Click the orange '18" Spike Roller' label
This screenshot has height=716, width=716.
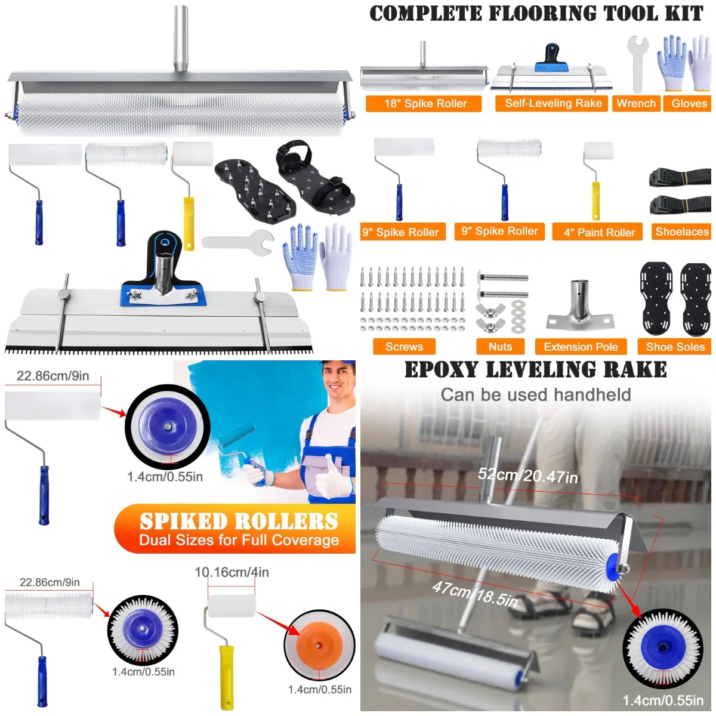pos(425,104)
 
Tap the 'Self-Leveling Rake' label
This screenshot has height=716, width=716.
pos(553,103)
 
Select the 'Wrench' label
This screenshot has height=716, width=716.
pos(635,103)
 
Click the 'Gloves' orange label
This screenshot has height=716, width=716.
pos(689,103)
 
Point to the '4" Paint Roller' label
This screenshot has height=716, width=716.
pos(599,233)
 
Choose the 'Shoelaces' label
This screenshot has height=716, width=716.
pos(681,232)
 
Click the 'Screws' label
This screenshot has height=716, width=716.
pos(404,347)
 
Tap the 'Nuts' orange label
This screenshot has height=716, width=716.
pos(500,347)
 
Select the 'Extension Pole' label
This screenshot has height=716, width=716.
pos(581,347)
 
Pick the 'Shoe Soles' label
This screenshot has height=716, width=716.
pos(675,347)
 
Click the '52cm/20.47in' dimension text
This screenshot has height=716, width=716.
pos(528,476)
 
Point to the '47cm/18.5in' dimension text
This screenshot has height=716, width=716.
pos(475,594)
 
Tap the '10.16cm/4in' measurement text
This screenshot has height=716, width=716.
pos(232,572)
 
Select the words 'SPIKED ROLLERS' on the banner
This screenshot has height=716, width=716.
pos(239,521)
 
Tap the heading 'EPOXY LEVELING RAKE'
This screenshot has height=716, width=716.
pos(535,370)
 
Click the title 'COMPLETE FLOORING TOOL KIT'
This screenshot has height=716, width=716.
pos(536,14)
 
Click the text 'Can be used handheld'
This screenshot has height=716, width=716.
pos(535,394)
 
